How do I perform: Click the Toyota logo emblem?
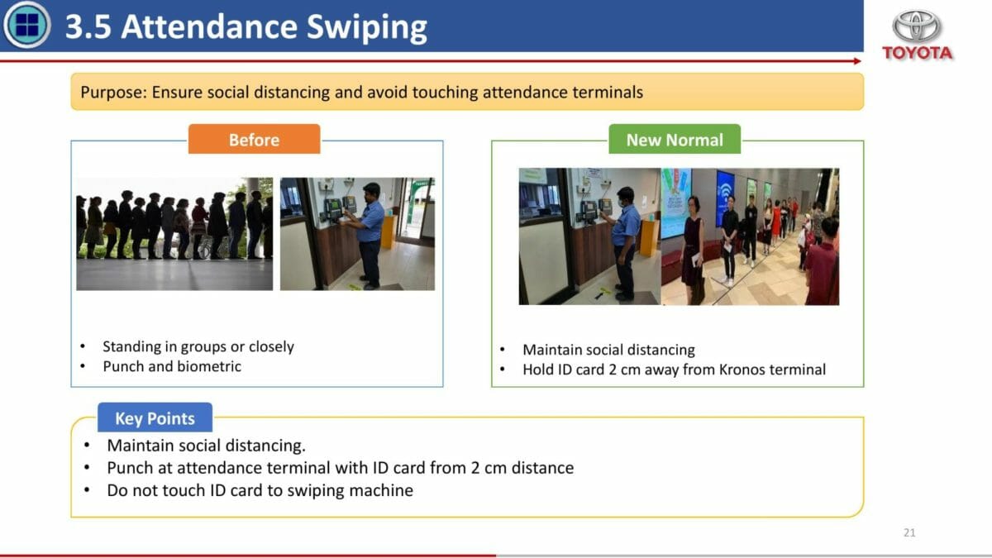point(916,26)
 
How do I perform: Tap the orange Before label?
point(255,140)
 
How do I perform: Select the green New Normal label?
point(675,140)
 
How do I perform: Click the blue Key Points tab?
point(155,417)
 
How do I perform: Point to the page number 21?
point(909,532)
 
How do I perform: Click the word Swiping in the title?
point(367,27)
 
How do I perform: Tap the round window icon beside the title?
point(26,24)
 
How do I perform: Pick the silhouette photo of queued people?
point(174,234)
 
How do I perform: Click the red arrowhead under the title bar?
point(857,61)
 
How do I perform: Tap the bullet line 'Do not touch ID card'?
point(260,490)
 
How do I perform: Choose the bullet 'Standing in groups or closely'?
point(198,346)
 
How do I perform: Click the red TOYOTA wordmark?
point(917,53)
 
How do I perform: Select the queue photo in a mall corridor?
point(750,236)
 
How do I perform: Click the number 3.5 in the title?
point(88,26)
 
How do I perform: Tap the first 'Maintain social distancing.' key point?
point(207,445)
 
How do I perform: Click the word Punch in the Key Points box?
point(130,468)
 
